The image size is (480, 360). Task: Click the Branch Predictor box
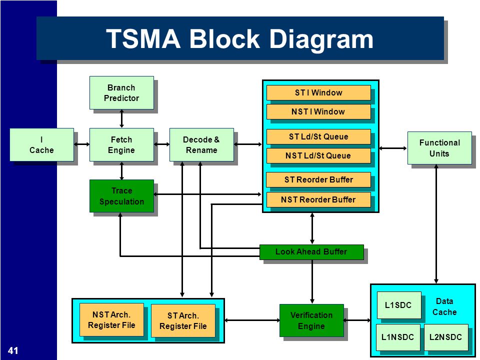coord(121,93)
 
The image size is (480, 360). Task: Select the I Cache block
coord(41,145)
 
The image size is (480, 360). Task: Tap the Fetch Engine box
coord(121,145)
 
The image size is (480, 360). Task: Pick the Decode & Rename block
coord(201,145)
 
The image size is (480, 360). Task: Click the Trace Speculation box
coord(121,196)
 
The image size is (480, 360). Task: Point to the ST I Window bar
coord(318,93)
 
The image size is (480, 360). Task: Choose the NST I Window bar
coord(318,111)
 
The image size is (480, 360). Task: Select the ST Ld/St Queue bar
coord(318,136)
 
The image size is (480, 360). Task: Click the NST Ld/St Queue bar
coord(318,155)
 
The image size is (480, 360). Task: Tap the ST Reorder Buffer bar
coord(318,179)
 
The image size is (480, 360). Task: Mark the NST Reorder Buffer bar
coord(318,199)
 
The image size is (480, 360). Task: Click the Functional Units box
coord(439,148)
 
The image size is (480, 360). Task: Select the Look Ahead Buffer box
coord(311,252)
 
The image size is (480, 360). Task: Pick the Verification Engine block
coord(311,320)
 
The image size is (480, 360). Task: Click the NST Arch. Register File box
coord(111,320)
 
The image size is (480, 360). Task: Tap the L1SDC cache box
coord(399,305)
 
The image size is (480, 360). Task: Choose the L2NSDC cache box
coord(446,337)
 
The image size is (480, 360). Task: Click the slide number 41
coord(13,350)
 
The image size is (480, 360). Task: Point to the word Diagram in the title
coord(321,39)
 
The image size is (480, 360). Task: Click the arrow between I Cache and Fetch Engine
coord(81,144)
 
